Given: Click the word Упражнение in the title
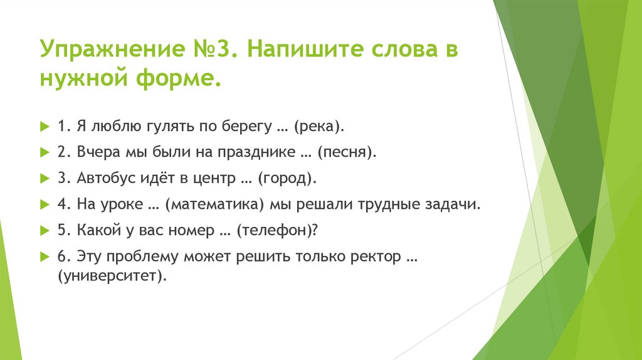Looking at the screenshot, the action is (112, 50).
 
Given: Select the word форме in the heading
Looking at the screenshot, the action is (179, 78).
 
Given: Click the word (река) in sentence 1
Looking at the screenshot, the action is (319, 127).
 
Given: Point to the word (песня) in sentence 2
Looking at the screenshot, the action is (347, 152).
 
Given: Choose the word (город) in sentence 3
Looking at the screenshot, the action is (287, 179).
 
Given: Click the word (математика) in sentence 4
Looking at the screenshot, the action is (214, 204).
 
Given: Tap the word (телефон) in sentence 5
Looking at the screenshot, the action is (277, 231).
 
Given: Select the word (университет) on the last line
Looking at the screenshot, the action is (112, 276).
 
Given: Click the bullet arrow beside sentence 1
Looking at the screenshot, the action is (45, 126).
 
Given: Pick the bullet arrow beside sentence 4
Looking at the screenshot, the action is (45, 204).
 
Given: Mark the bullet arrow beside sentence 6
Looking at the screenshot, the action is (45, 257).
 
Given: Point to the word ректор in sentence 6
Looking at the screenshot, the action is (376, 257).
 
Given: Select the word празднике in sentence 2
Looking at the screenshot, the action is (256, 152).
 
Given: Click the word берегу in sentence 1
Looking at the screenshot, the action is (247, 127).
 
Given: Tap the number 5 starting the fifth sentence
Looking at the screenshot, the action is (62, 230).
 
